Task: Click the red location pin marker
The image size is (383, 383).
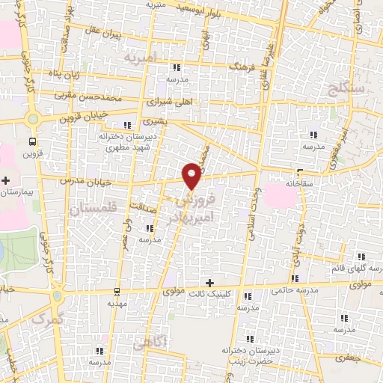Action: click(x=193, y=176)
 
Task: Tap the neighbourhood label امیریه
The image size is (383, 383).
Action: click(x=141, y=58)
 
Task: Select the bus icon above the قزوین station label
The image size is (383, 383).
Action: click(x=32, y=141)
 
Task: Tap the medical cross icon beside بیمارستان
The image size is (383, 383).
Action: click(x=6, y=180)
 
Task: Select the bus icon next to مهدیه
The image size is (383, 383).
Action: click(x=116, y=292)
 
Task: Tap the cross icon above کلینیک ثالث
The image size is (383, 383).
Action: click(x=209, y=283)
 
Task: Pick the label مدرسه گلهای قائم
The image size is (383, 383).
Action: click(x=356, y=269)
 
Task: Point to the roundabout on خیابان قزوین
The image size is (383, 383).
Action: click(x=32, y=117)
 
